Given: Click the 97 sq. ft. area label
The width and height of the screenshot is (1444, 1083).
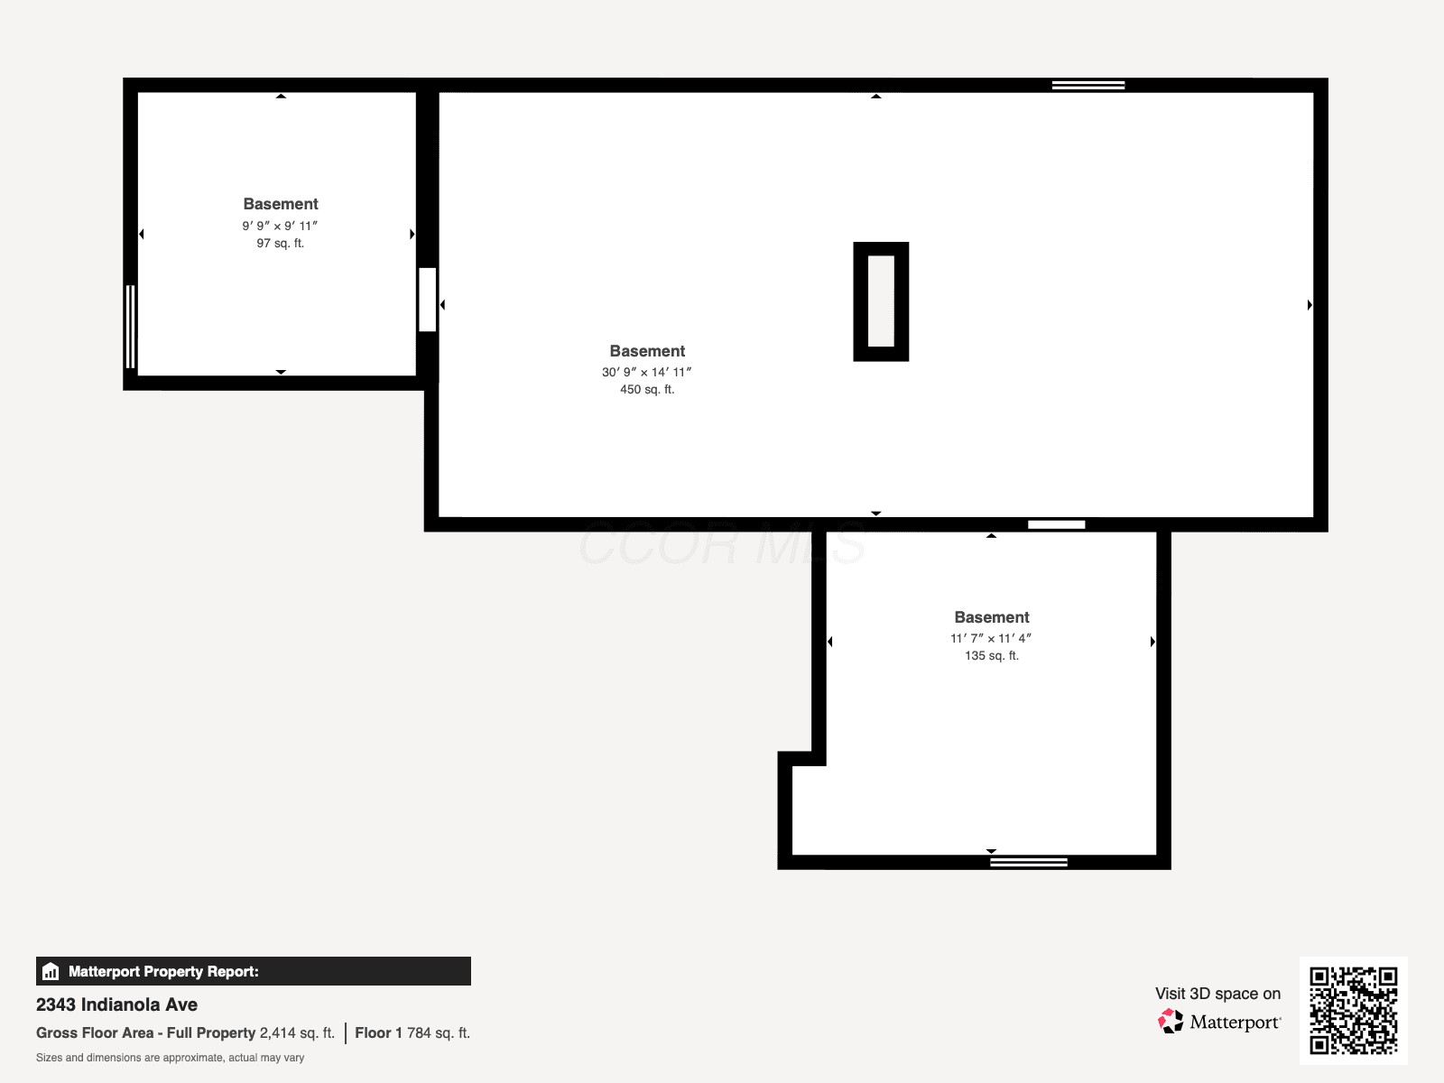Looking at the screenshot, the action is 281,244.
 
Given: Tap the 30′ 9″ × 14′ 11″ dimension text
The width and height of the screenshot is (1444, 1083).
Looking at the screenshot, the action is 647,372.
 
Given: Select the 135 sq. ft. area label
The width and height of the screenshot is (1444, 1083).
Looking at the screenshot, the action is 991,655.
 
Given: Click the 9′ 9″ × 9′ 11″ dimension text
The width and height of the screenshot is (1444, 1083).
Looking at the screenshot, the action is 281,226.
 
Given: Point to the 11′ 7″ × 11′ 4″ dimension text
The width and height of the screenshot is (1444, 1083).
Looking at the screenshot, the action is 991,638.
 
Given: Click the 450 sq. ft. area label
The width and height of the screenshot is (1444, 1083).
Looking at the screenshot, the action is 647,389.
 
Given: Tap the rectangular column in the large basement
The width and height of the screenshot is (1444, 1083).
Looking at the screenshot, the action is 881,301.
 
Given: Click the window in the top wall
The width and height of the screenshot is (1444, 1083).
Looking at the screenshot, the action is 1088,85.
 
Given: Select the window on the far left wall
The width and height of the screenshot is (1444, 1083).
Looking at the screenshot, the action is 130,326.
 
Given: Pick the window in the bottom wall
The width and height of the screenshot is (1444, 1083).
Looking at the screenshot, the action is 1029,862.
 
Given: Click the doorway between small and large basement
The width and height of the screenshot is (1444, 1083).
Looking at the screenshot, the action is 428,300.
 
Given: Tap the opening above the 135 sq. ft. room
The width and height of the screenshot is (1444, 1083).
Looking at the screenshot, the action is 1057,524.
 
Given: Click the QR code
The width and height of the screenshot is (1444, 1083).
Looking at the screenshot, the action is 1353,1010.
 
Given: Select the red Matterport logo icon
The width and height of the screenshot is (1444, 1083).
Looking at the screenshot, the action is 1170,1022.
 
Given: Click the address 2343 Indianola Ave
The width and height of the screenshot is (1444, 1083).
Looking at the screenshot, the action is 116,1004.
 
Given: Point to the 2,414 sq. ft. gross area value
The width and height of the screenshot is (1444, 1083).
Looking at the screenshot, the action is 297,1032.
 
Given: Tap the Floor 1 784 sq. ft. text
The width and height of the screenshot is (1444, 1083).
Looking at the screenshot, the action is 412,1032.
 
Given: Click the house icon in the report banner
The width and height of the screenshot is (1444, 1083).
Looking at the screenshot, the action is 51,971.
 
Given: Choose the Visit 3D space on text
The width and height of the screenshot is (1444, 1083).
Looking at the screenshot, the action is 1217,993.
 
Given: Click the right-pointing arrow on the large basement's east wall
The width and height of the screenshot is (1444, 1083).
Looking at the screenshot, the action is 1310,304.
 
